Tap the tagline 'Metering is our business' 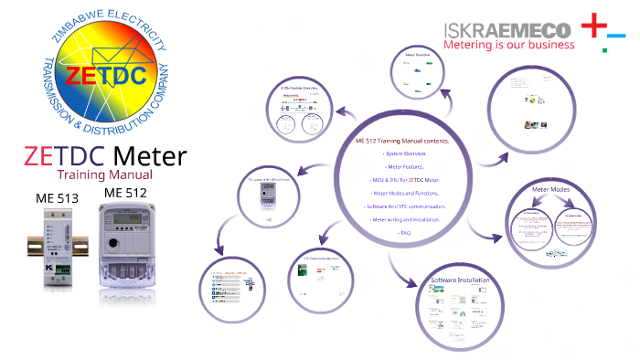coord(508,44)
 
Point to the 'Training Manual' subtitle coord(104,174)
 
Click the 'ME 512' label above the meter coord(127,193)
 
